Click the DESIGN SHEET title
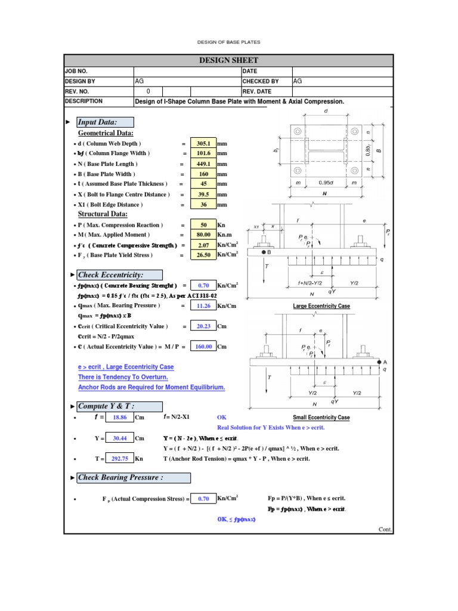tap(228, 60)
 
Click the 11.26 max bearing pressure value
tap(203, 306)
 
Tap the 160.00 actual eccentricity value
tap(203, 347)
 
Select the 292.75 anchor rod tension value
tap(120, 458)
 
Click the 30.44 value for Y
tap(120, 438)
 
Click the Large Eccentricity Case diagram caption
tap(321, 306)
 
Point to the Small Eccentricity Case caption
tap(321, 418)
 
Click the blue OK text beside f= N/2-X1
tap(222, 418)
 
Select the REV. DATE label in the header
tap(257, 91)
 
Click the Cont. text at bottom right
tap(385, 529)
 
